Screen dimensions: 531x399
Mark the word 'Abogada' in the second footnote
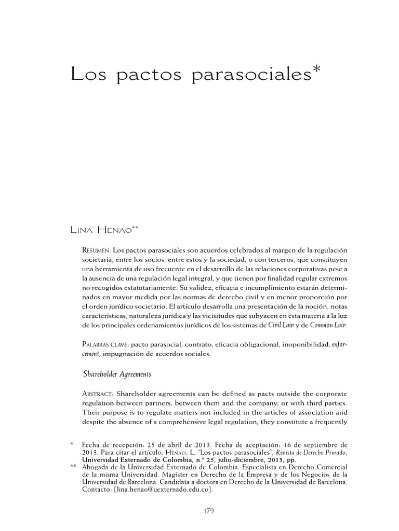point(95,467)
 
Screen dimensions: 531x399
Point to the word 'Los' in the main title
point(86,76)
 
